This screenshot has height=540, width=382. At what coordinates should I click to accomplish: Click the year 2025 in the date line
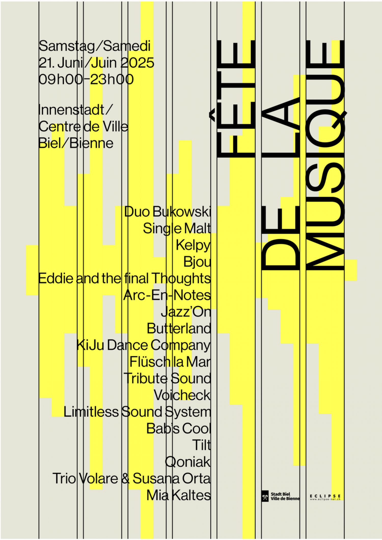click(137, 63)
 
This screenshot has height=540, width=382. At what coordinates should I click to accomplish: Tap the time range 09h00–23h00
click(86, 79)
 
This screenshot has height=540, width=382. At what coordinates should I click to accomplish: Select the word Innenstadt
click(71, 110)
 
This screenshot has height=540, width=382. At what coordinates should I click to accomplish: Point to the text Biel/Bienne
click(76, 143)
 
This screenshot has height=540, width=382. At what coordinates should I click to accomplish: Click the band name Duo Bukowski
click(168, 212)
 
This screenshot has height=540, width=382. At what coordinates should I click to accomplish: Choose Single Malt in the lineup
click(177, 229)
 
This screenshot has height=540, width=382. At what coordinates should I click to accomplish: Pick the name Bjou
click(197, 262)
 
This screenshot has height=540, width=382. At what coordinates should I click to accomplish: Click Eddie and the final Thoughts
click(125, 278)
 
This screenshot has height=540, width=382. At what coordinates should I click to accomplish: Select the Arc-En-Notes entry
click(167, 295)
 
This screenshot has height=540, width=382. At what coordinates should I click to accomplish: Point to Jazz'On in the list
click(186, 312)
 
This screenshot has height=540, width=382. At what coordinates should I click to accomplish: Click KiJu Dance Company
click(144, 345)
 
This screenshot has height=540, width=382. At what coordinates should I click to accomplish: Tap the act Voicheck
click(182, 395)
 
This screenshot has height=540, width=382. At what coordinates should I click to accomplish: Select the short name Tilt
click(202, 445)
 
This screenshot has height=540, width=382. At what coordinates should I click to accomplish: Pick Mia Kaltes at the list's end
click(179, 495)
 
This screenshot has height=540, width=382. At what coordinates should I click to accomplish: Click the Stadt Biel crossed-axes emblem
click(265, 496)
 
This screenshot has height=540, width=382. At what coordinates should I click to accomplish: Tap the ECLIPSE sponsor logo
click(325, 497)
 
